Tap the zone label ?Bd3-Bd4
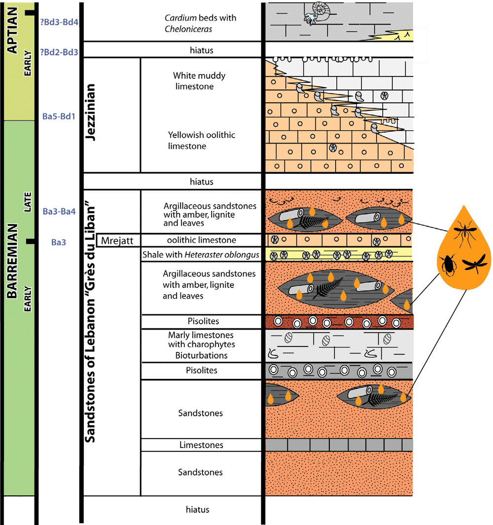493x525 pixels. click(x=60, y=22)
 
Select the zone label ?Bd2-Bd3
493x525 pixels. click(x=60, y=51)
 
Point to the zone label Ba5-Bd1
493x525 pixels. click(x=59, y=117)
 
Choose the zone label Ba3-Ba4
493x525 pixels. click(x=59, y=212)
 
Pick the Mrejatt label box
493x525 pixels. click(x=118, y=241)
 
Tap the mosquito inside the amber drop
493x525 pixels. click(x=464, y=232)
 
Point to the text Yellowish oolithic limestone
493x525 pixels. click(x=201, y=140)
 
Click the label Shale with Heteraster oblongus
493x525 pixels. click(x=201, y=255)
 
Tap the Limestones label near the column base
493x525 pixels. click(x=201, y=445)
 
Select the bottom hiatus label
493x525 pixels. click(x=197, y=510)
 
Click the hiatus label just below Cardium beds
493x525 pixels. click(x=201, y=50)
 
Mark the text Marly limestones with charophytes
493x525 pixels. click(x=201, y=340)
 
